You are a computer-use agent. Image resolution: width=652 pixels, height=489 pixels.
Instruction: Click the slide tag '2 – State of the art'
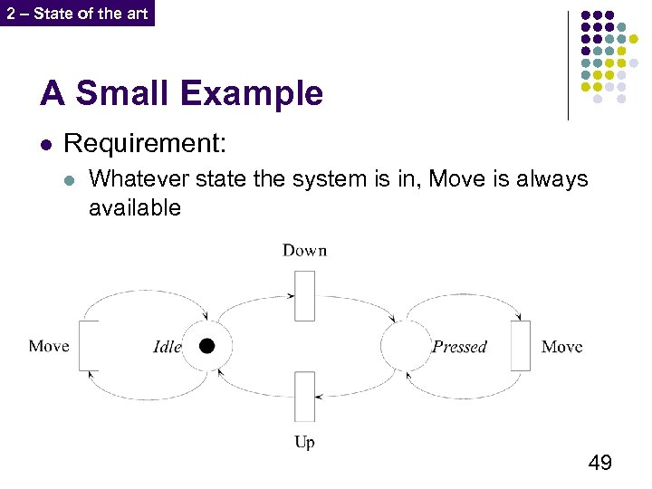click(x=77, y=14)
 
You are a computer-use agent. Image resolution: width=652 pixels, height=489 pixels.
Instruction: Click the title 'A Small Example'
click(x=181, y=93)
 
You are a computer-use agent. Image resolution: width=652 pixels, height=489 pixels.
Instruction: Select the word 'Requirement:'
click(x=145, y=143)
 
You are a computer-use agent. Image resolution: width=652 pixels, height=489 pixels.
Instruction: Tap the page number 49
click(x=599, y=464)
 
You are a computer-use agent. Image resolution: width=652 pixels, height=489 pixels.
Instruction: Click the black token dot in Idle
click(x=207, y=345)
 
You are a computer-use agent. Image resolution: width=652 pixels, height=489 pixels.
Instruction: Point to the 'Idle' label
click(x=168, y=347)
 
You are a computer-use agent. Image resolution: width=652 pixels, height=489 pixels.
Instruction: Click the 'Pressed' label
click(x=459, y=347)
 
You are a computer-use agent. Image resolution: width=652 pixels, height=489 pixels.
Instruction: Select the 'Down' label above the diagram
click(x=304, y=250)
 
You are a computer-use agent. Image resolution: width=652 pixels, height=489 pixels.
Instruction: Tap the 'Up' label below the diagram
click(x=304, y=443)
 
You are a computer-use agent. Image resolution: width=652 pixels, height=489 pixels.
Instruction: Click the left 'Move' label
click(x=49, y=346)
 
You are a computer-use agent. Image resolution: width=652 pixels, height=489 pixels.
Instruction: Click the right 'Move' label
click(x=561, y=347)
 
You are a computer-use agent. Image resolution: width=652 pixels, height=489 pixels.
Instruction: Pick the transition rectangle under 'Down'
click(x=304, y=294)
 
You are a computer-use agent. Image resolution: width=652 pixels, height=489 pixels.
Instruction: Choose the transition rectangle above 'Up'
click(x=304, y=397)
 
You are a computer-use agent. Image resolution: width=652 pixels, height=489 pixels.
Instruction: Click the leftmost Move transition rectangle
click(x=89, y=345)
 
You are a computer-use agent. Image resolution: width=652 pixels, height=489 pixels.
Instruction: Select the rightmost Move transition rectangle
click(x=521, y=345)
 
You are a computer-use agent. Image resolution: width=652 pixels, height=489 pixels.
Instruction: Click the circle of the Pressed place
click(x=404, y=345)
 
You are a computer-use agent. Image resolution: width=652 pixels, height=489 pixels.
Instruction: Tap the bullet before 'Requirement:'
click(x=46, y=144)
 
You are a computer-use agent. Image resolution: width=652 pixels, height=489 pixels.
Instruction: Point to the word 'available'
click(x=135, y=208)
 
